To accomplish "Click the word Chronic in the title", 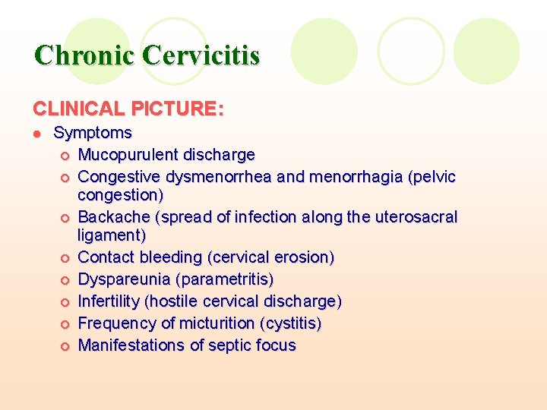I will (x=84, y=55).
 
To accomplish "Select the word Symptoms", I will (x=93, y=133).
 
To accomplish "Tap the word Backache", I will (x=114, y=217).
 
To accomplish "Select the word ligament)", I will (x=112, y=235).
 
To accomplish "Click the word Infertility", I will (x=109, y=301).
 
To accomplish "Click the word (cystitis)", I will (x=290, y=323).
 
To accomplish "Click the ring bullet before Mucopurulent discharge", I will (x=65, y=156).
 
